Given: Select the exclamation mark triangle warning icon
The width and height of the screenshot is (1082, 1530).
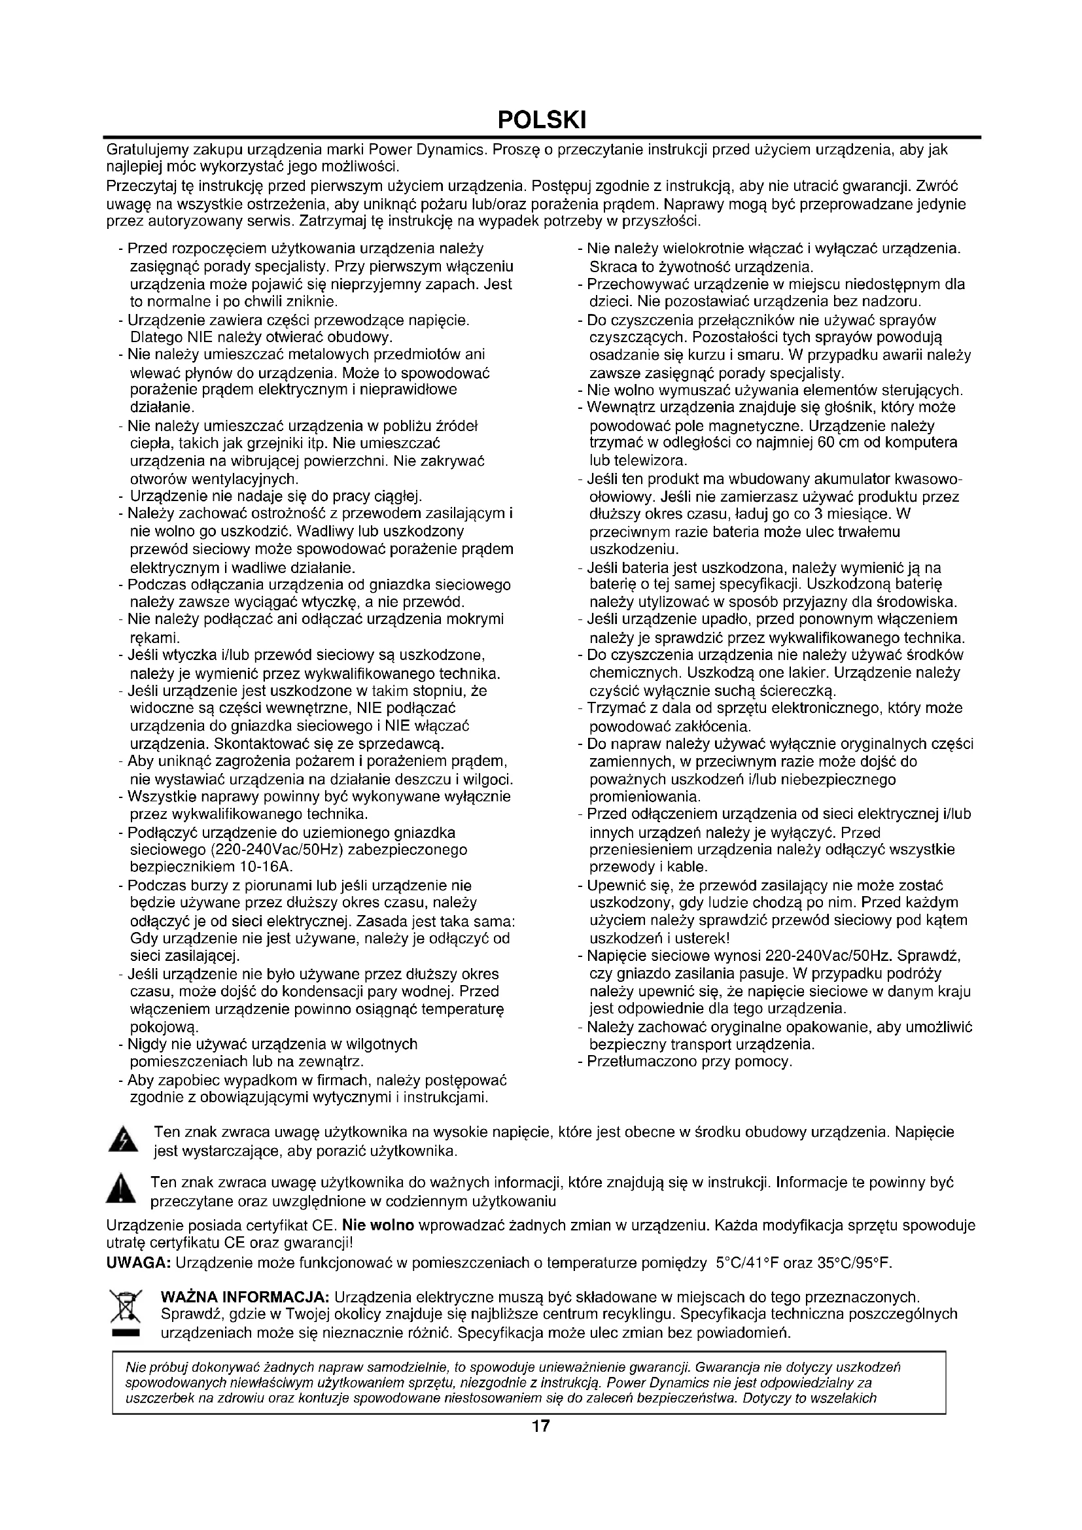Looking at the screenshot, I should [x=120, y=1189].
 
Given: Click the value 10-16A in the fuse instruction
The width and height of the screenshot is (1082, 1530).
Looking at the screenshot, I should [x=266, y=867].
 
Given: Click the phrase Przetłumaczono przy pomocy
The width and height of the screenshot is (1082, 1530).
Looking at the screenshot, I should [x=689, y=1061].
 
